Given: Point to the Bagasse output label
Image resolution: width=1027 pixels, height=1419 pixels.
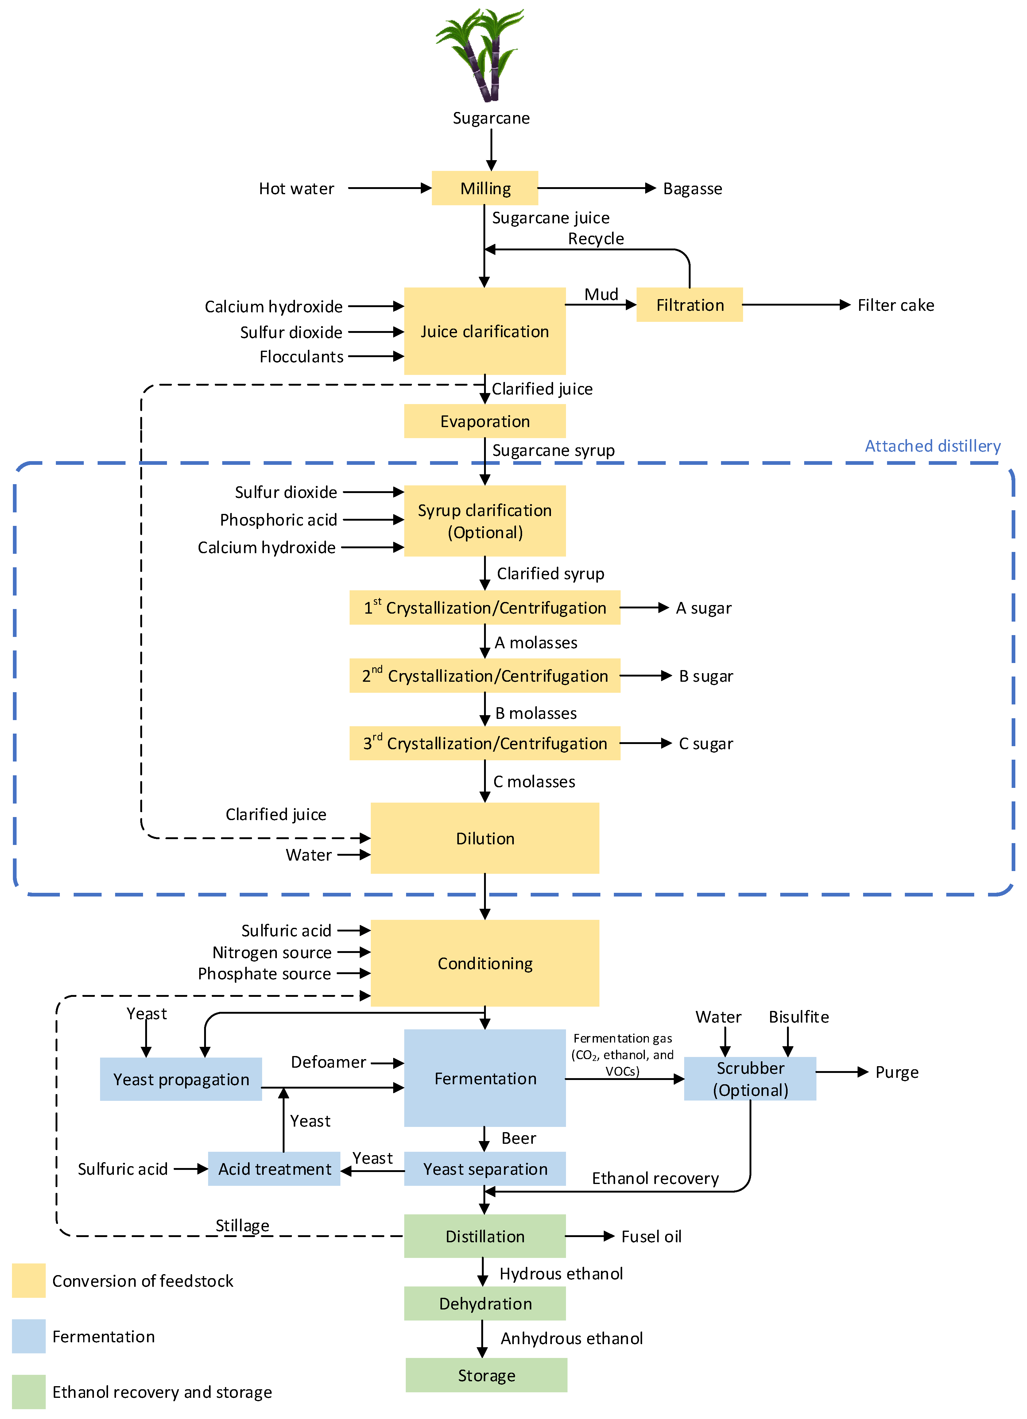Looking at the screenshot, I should tap(692, 188).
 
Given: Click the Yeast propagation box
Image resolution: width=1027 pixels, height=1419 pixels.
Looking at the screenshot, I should tap(181, 1079).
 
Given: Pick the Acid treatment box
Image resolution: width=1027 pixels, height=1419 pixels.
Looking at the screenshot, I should tap(274, 1169).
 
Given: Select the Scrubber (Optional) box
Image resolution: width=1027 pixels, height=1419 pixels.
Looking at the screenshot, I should tap(750, 1079).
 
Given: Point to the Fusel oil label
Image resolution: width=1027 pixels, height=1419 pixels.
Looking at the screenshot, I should tap(651, 1236).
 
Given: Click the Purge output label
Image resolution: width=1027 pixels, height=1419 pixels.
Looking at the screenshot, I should tap(896, 1072).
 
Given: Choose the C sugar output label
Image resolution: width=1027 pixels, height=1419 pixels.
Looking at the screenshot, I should tap(705, 743).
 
